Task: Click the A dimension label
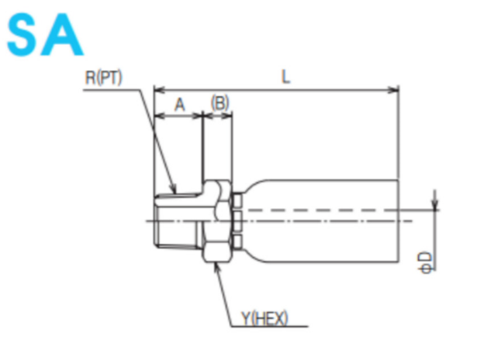point(178,105)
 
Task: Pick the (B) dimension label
point(219,104)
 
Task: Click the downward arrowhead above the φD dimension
point(434,206)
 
